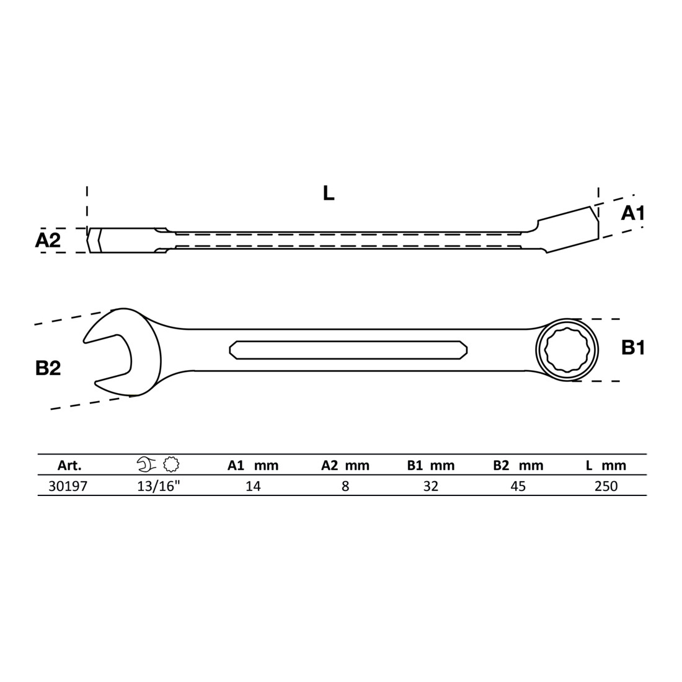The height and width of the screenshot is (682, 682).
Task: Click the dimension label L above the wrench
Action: tap(329, 193)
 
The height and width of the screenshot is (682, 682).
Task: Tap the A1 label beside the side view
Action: tap(632, 213)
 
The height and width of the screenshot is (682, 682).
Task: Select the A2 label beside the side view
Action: tap(48, 240)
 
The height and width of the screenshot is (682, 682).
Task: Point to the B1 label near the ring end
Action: tap(633, 348)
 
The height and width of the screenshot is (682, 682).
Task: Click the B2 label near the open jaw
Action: tap(48, 368)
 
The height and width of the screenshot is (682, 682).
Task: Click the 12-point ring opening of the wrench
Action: tap(567, 350)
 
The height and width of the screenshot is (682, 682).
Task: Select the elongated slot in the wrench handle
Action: tap(348, 350)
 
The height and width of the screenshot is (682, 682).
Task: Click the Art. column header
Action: tap(69, 466)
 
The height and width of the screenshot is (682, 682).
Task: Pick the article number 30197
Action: tap(68, 486)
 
